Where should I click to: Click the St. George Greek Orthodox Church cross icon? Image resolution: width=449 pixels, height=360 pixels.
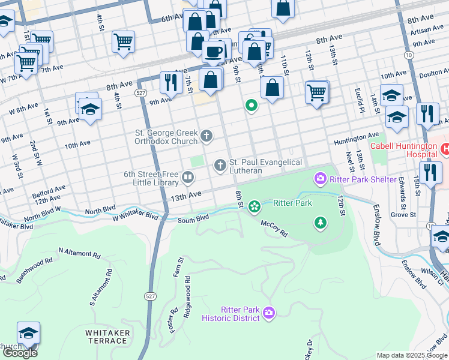coord(206,136)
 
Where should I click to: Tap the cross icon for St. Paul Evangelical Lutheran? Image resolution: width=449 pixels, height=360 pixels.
coord(220,164)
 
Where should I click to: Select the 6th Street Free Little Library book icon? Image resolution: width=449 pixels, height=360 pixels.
coord(188,177)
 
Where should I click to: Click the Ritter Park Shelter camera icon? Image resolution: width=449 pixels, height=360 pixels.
coord(320,179)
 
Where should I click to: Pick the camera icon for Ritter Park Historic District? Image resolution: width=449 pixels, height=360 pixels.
coord(270,312)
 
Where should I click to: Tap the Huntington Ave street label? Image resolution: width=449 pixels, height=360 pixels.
coord(357,136)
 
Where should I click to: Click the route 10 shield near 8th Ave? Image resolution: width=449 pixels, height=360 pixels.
coord(408,55)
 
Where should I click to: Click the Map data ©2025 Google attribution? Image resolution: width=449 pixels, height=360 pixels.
coord(412,355)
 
